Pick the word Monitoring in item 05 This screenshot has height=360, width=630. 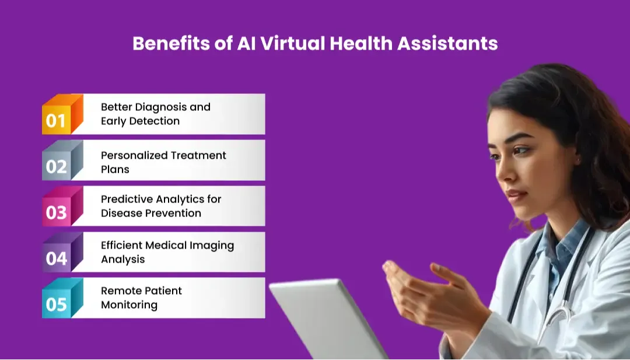(129, 305)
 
